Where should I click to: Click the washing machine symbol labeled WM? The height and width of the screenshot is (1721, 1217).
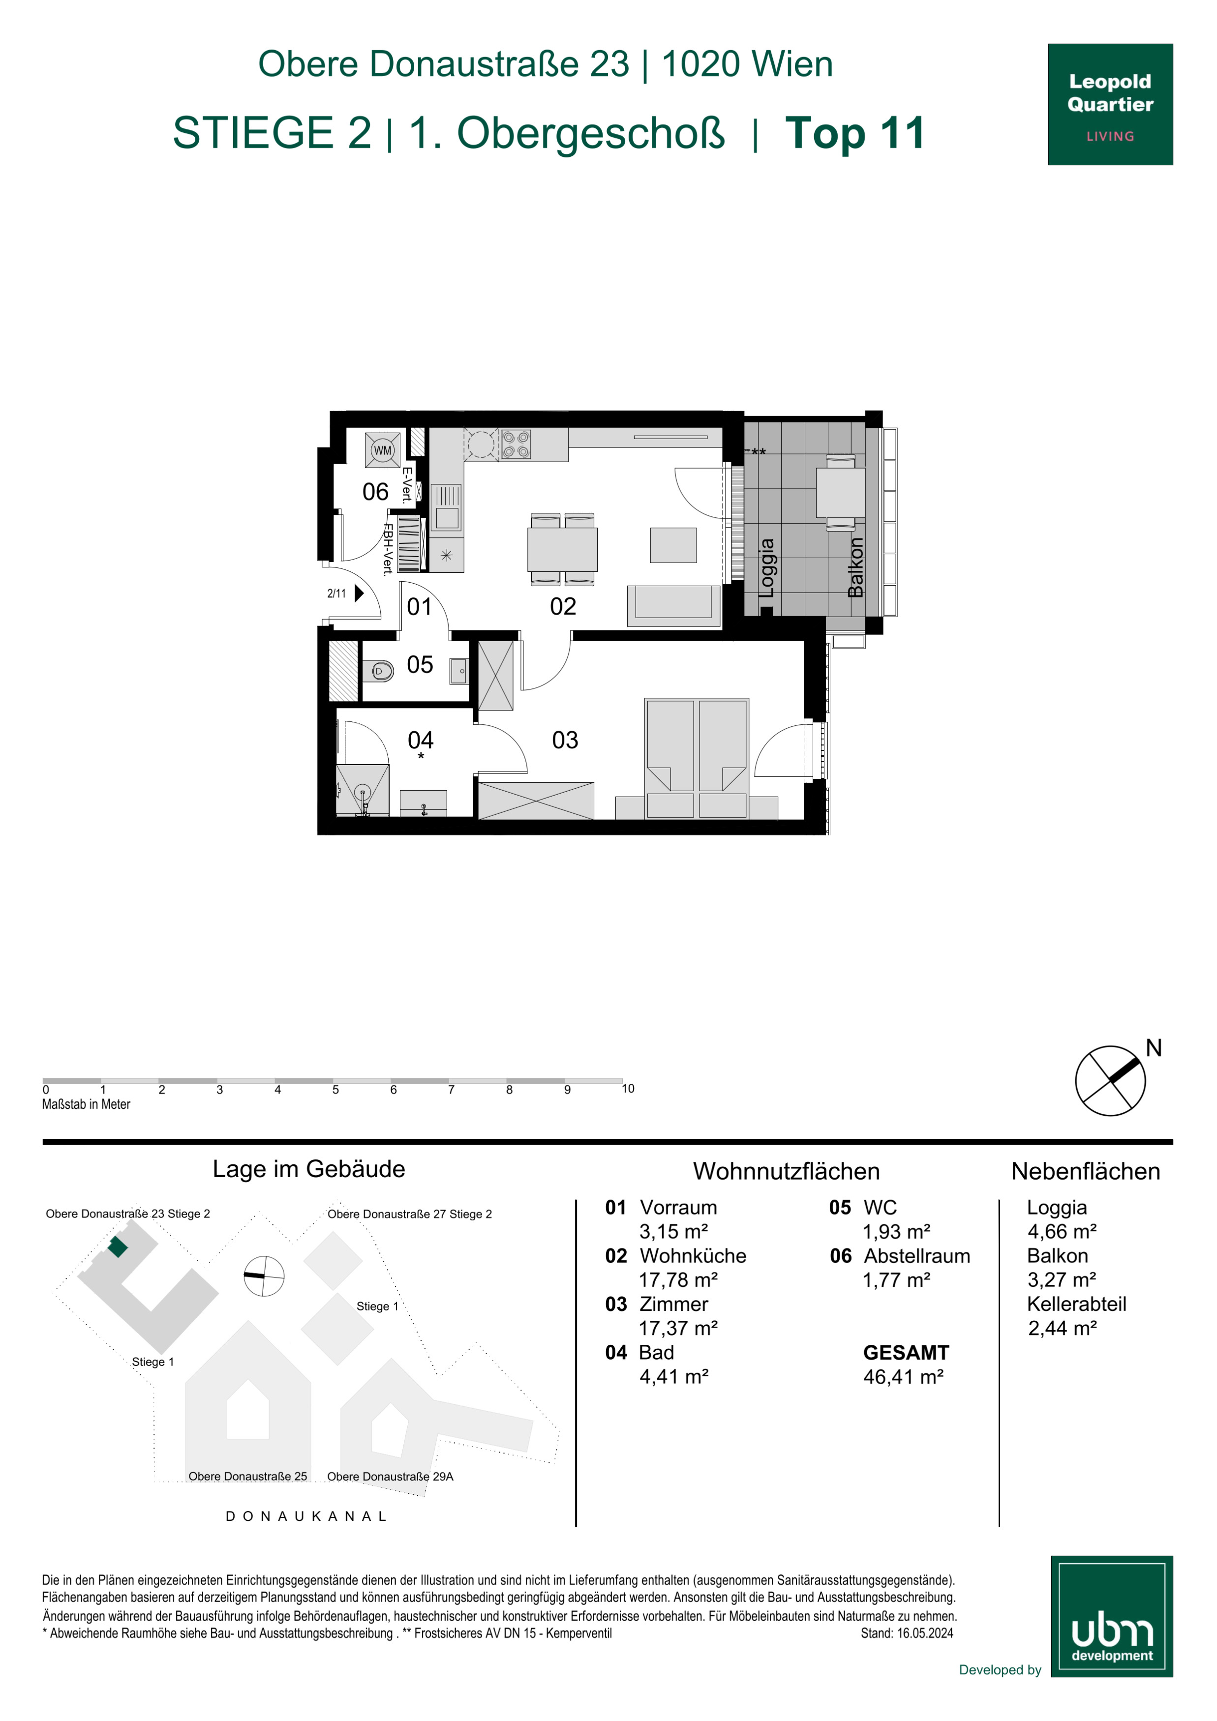[x=382, y=450]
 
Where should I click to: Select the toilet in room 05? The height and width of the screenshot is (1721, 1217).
[x=379, y=670]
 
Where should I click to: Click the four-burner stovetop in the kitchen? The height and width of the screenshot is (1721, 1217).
[x=516, y=444]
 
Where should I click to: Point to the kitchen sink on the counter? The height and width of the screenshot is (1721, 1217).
[x=447, y=507]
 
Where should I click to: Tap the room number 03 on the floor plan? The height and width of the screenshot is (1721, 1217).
[x=565, y=741]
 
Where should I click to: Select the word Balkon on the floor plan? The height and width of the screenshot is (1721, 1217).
[x=855, y=567]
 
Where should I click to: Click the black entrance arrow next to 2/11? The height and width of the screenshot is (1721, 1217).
[x=359, y=593]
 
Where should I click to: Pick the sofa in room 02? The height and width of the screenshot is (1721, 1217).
[x=673, y=606]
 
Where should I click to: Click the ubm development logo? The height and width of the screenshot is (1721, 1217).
[x=1112, y=1616]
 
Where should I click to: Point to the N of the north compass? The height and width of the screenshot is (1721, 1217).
[x=1154, y=1048]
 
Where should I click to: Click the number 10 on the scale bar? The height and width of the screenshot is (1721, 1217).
[x=628, y=1088]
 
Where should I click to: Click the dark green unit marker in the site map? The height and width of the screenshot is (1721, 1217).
[x=118, y=1247]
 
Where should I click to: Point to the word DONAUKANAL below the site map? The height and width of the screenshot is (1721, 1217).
[x=306, y=1516]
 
